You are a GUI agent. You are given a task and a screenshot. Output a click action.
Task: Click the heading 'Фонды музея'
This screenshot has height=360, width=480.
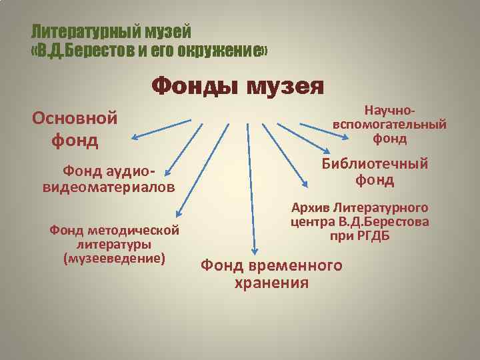coord(238,86)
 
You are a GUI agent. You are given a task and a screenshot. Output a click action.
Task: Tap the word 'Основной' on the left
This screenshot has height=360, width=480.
coord(75,118)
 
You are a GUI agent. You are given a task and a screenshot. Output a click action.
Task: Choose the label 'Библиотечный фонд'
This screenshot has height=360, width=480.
coord(375,172)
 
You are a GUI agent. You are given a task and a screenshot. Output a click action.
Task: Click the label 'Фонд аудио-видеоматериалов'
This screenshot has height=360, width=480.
coord(109,179)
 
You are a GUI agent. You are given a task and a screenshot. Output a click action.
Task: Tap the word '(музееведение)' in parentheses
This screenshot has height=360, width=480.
coord(113,257)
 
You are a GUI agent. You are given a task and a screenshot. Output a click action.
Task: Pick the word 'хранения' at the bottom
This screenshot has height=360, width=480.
coord(272,283)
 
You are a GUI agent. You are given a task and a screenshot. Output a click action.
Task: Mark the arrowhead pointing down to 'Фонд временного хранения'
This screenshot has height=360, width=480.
coord(253,250)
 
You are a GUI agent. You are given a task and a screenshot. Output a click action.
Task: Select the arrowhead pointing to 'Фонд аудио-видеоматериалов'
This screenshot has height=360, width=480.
coord(163,172)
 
